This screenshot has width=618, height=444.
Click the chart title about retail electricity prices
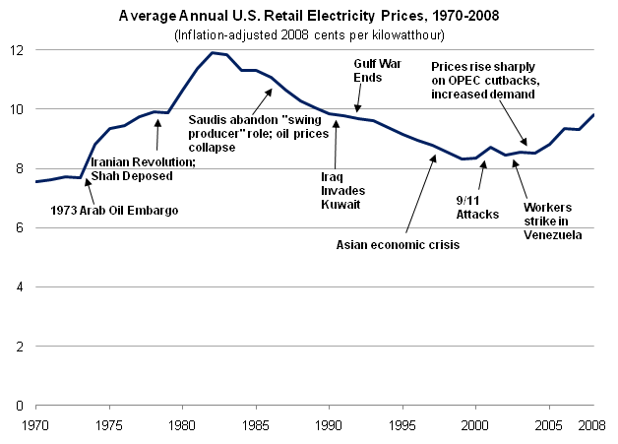tap(308, 17)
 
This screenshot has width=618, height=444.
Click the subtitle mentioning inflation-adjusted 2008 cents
tap(308, 35)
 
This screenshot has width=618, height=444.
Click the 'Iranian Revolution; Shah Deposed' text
tap(132, 168)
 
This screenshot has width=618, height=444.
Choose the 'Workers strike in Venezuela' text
tap(547, 221)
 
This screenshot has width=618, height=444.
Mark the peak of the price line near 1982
tap(212, 52)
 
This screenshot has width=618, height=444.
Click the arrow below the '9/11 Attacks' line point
tap(482, 178)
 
